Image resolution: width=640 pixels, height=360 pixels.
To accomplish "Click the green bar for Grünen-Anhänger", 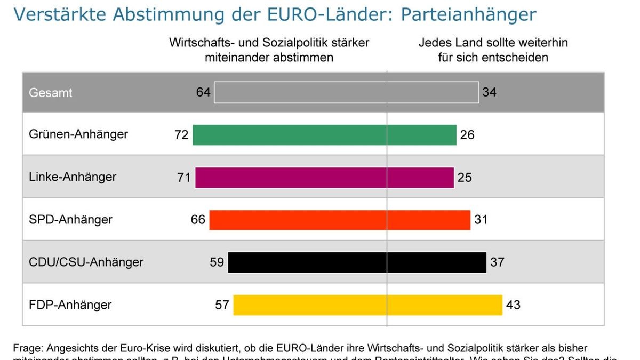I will point(324,135).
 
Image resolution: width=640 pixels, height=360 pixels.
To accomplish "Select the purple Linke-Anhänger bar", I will point(324,178).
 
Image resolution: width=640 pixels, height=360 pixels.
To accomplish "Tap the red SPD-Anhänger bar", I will point(340,220).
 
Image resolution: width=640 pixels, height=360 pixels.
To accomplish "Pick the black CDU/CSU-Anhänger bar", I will point(357,262).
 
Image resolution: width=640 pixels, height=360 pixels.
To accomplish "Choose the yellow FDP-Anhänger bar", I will point(367,305).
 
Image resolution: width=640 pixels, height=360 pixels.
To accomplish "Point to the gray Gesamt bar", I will point(346,92).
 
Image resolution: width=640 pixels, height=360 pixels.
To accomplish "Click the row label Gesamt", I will point(50,93).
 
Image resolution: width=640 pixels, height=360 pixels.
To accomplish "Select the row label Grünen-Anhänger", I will point(78,134).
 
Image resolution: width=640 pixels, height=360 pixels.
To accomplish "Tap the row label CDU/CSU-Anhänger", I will point(86,262).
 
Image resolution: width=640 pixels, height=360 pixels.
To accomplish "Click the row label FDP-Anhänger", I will point(70,305).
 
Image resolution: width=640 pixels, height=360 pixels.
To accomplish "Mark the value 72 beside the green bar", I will point(181,135).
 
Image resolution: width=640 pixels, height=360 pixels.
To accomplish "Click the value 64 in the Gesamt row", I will point(203,92).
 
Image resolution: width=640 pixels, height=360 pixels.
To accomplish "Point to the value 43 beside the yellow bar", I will point(513,305).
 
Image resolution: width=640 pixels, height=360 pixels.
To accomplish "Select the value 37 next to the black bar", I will point(497,262).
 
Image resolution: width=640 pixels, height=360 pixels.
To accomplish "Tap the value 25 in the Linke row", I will point(465,178).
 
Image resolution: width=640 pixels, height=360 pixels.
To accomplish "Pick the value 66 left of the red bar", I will point(198,220).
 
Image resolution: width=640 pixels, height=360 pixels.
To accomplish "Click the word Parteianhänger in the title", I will point(468,14).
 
